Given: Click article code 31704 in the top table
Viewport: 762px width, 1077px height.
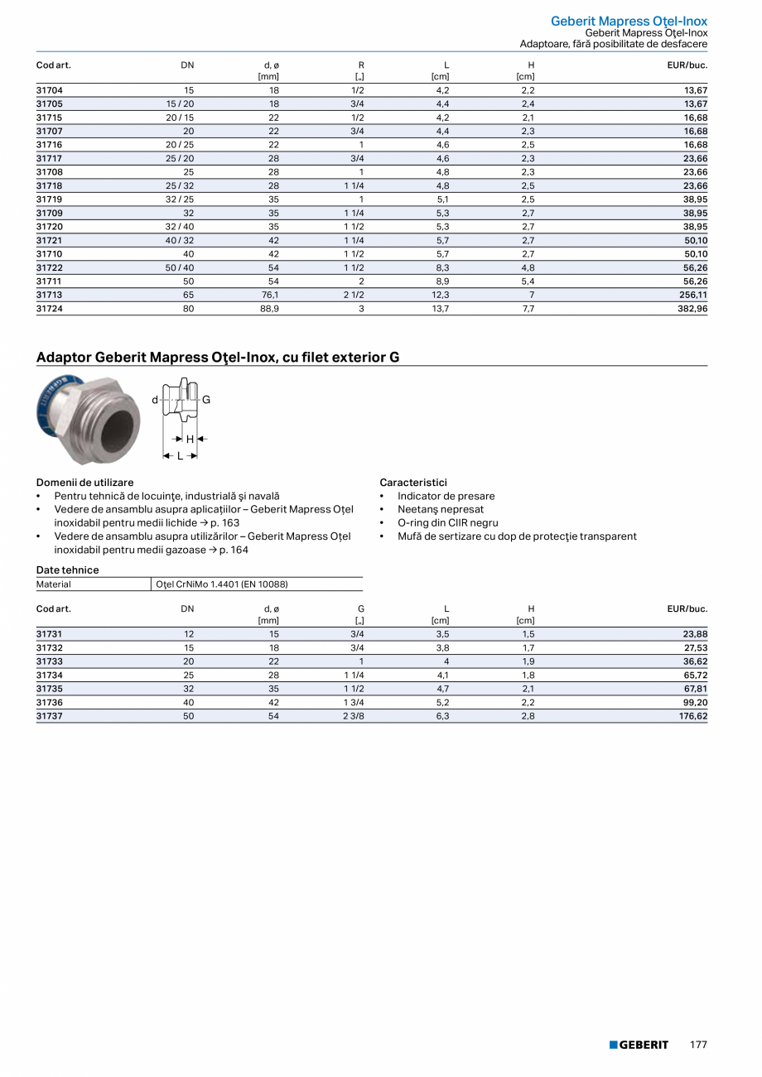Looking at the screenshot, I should [x=50, y=90].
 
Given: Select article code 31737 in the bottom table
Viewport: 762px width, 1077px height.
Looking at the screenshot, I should [x=50, y=716].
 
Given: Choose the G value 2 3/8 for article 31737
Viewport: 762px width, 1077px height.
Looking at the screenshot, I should [x=354, y=716].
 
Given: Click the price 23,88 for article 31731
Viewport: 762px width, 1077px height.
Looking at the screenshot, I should [x=693, y=635].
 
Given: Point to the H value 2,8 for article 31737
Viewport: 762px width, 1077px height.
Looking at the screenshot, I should [x=528, y=716].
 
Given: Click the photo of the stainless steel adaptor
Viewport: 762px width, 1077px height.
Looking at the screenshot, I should [x=89, y=418].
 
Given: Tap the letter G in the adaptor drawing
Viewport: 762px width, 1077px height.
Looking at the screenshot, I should [x=206, y=400].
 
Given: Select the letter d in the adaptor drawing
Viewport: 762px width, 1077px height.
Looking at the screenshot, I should [x=154, y=401].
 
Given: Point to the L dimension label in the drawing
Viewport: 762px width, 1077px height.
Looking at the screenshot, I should [x=180, y=455].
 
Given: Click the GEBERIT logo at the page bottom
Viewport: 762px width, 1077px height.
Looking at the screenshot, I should [x=639, y=1045].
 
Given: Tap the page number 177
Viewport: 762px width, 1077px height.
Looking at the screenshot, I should [x=698, y=1045].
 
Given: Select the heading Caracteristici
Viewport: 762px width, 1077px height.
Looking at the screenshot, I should [x=413, y=482].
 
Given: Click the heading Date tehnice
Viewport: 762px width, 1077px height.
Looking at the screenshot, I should [x=67, y=570].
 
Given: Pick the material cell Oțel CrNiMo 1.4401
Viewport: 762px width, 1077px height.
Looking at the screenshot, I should [x=221, y=584].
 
